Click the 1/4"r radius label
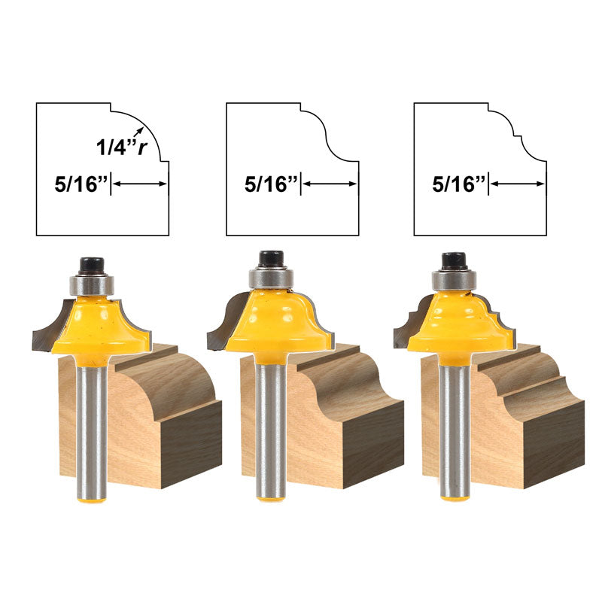[122, 147]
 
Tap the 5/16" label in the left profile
[81, 184]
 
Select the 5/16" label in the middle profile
[271, 184]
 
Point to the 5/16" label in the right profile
[459, 184]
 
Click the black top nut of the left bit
[92, 266]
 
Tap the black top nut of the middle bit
[272, 259]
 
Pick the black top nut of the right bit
[455, 261]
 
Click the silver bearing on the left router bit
[92, 284]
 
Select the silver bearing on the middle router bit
[272, 278]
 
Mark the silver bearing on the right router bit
[455, 280]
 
